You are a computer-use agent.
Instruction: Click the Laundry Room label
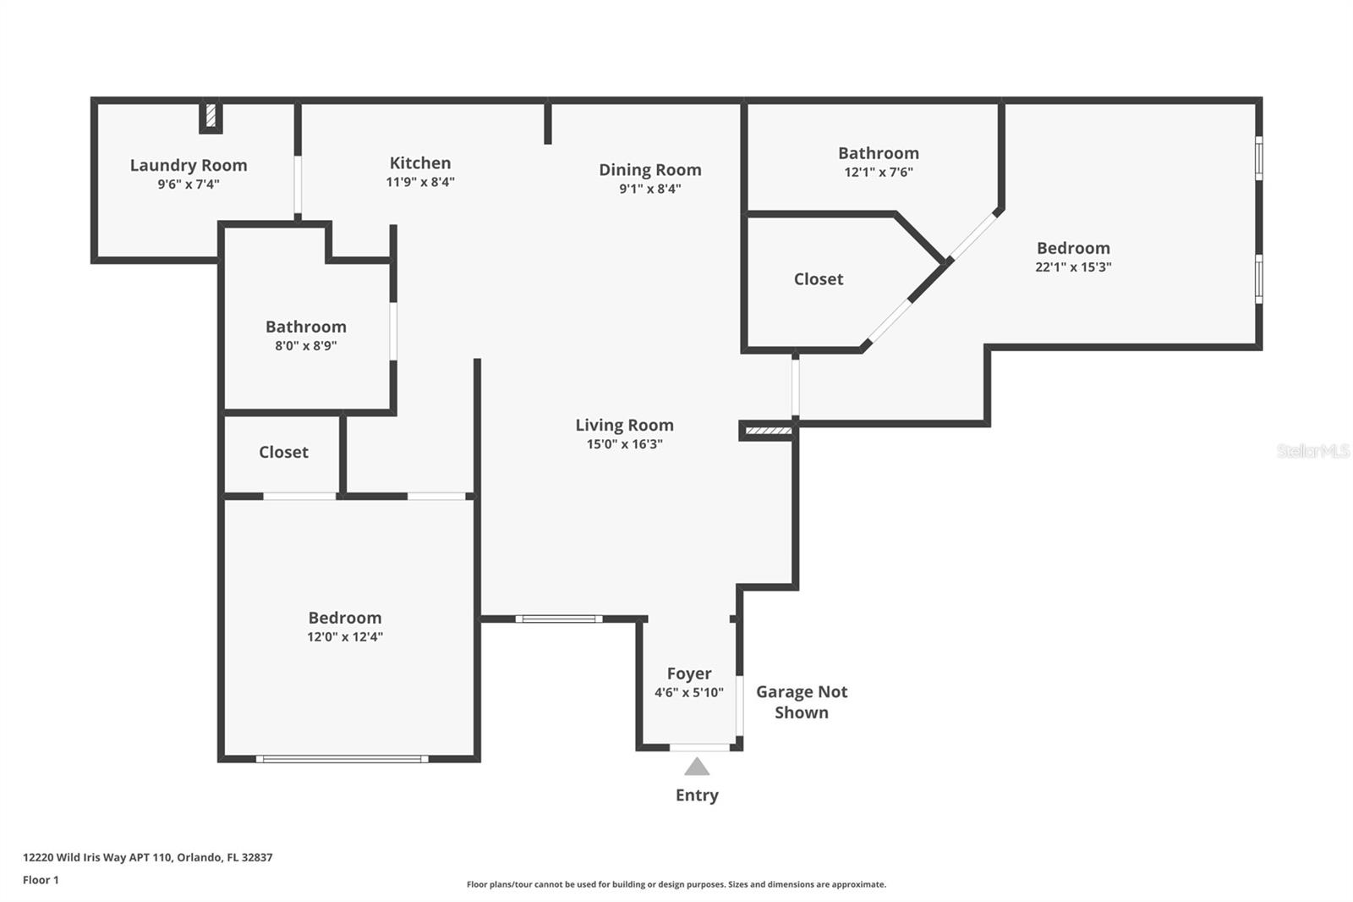[189, 165]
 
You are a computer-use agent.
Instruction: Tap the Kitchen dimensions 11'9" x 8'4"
[420, 182]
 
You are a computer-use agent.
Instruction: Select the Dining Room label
[650, 169]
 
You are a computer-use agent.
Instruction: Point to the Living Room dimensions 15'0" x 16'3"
[625, 444]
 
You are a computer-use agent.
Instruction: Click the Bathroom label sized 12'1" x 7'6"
[878, 153]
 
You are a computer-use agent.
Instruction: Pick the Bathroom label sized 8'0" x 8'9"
[306, 327]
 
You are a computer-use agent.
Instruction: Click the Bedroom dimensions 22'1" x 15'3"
[1073, 267]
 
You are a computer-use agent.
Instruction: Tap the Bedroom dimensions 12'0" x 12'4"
[344, 637]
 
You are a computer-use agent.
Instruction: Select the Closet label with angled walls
[819, 279]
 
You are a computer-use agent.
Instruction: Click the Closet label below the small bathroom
[283, 452]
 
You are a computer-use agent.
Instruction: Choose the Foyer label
[689, 674]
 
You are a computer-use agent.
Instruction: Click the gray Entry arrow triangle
[697, 767]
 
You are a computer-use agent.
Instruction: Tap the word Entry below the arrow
[697, 795]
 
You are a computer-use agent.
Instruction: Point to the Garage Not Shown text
[802, 702]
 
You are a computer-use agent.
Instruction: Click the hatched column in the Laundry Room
[211, 115]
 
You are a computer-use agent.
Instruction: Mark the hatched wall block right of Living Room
[768, 431]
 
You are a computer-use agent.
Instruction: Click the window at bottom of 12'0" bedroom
[342, 759]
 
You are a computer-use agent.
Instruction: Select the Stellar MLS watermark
[1312, 451]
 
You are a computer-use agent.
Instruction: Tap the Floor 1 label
[41, 880]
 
